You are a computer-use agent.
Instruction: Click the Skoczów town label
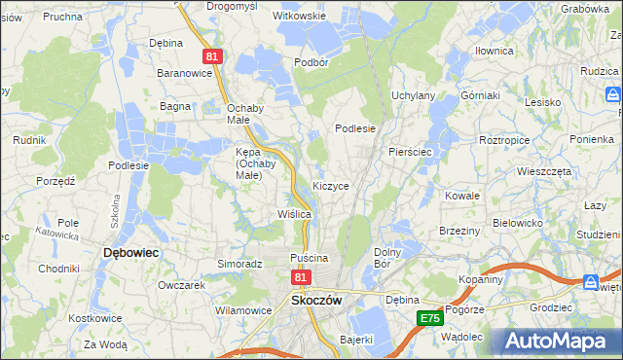pyautogui.click(x=316, y=301)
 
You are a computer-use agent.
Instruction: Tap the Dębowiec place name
pyautogui.click(x=131, y=252)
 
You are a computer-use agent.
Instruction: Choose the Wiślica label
pyautogui.click(x=294, y=213)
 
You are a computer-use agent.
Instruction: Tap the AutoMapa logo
pyautogui.click(x=558, y=341)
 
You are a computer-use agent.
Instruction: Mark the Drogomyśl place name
pyautogui.click(x=232, y=6)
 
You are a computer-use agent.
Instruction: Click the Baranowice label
pyautogui.click(x=185, y=72)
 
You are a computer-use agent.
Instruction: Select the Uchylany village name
pyautogui.click(x=413, y=95)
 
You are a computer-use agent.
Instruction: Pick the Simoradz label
pyautogui.click(x=240, y=264)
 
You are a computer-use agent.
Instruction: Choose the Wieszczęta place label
pyautogui.click(x=544, y=169)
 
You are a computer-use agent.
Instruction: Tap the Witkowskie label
pyautogui.click(x=299, y=17)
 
